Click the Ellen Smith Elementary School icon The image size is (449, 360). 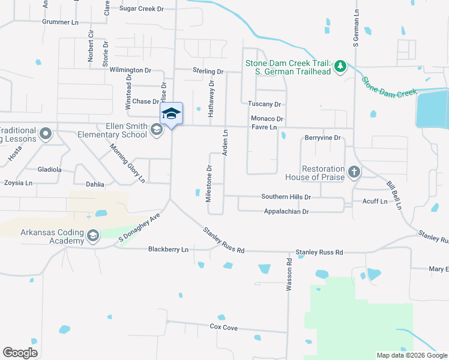[157, 130]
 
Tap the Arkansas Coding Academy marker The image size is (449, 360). [92, 236]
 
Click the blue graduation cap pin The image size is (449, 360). [171, 113]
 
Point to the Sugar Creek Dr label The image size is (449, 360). [142, 9]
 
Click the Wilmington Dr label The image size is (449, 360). [130, 70]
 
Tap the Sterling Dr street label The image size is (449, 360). [208, 71]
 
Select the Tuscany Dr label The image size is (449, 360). [265, 104]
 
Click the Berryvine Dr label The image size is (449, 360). [323, 138]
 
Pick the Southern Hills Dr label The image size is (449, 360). [286, 197]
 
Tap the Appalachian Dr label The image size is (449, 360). [286, 212]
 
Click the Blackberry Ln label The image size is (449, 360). [168, 249]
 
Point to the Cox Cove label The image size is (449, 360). [223, 327]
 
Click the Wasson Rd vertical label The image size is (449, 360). [289, 275]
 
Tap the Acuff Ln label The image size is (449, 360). [375, 202]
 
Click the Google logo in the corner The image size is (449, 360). [20, 353]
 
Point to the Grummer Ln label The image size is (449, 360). [60, 22]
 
